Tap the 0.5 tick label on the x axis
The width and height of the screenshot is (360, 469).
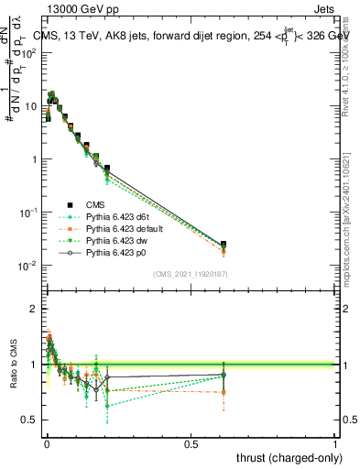pyautogui.click(x=191, y=442)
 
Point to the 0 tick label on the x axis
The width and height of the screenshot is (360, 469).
pyautogui.click(x=47, y=442)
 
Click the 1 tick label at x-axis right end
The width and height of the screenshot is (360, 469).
pyautogui.click(x=335, y=442)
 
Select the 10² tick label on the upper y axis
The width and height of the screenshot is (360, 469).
pyautogui.click(x=30, y=52)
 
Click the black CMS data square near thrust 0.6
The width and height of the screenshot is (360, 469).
pyautogui.click(x=224, y=245)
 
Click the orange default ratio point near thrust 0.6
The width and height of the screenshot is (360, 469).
pyautogui.click(x=224, y=392)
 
